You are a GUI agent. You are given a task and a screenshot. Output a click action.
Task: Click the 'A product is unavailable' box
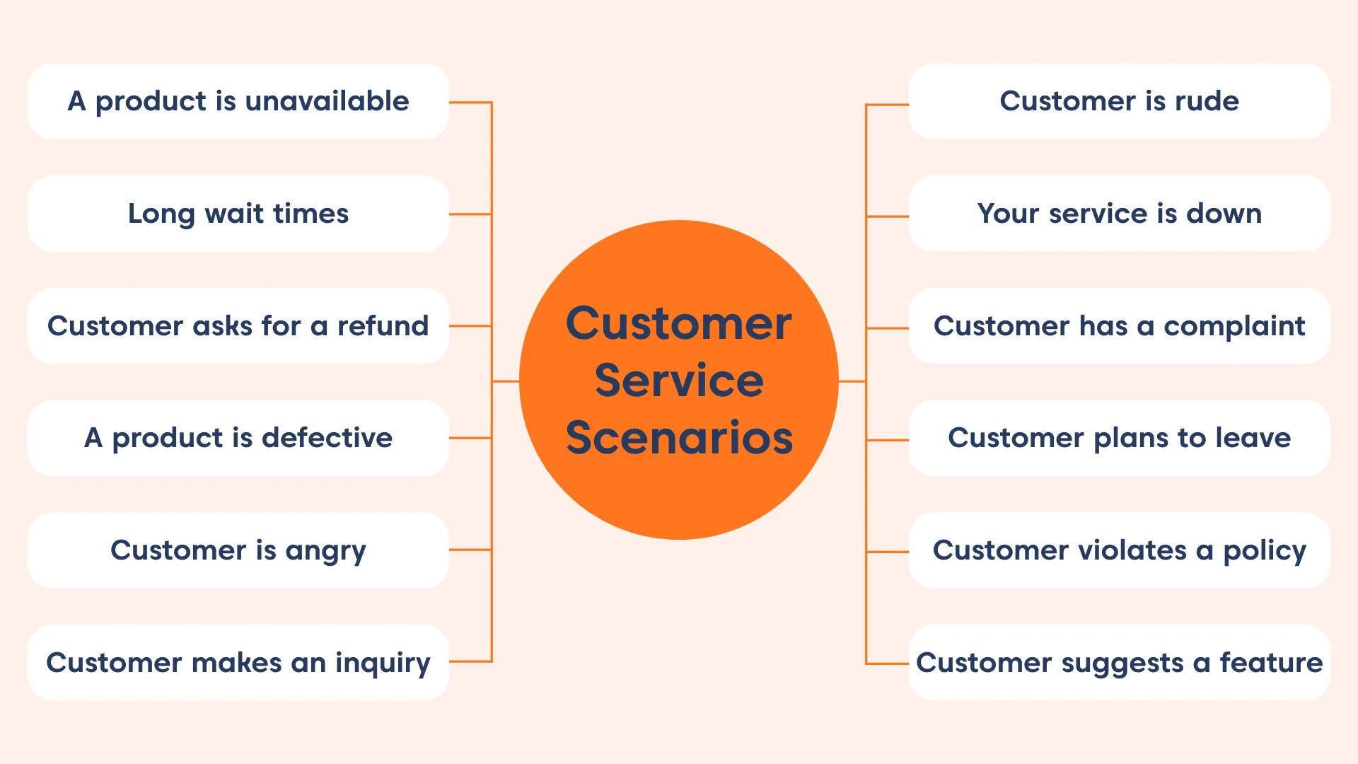238,101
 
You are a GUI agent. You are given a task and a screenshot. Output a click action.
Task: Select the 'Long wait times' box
238,214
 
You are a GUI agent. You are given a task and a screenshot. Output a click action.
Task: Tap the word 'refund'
383,326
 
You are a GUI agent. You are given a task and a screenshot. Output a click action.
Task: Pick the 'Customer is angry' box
238,550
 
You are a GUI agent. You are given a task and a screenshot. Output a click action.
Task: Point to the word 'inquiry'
382,664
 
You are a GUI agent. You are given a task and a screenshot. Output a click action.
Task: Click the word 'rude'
1207,101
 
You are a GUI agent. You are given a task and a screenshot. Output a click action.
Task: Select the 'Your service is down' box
1119,214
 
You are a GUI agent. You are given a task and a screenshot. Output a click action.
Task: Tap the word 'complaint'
1234,327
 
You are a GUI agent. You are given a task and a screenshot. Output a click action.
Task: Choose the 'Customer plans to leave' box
1119,438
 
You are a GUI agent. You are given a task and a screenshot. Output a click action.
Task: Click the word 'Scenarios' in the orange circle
679,438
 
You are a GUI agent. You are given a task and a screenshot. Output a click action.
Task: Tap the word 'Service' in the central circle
679,381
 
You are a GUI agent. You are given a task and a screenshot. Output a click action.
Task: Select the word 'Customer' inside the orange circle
679,324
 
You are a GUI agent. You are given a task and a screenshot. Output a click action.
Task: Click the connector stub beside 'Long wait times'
470,214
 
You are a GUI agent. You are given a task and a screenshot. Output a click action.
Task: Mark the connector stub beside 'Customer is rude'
887,105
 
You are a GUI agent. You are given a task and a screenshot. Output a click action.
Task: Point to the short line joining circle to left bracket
506,381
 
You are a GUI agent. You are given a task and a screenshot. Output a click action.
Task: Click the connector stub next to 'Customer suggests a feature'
887,664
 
